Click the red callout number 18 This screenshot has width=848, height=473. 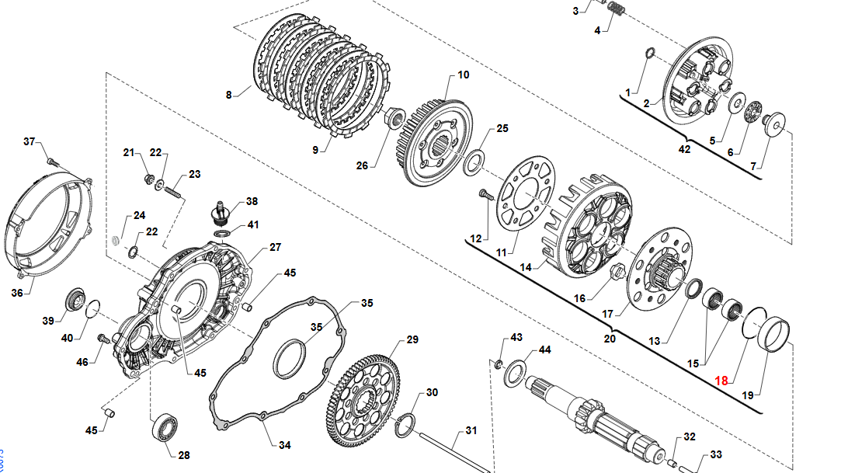721,380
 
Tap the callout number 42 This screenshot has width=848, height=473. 684,149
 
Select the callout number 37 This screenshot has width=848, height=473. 30,141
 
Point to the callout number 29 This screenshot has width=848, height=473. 412,339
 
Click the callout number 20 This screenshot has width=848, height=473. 610,338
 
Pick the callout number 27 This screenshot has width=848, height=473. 275,247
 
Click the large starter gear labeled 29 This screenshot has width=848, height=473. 366,401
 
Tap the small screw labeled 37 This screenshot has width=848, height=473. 50,161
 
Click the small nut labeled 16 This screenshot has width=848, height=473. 617,273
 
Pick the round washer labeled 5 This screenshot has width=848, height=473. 737,103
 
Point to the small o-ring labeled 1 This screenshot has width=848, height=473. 649,54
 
